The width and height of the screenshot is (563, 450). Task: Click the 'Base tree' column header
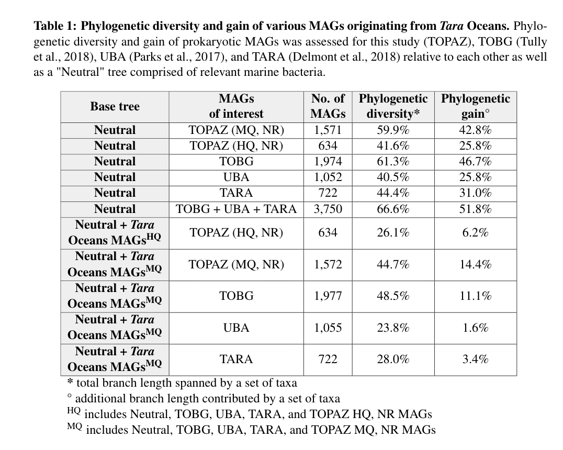coord(115,107)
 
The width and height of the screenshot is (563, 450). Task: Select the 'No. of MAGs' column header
coord(328,106)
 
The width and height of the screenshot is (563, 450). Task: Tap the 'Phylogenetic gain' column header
coord(475,106)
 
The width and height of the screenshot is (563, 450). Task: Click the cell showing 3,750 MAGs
coord(328,209)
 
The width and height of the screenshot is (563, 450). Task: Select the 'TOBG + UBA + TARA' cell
coord(236,209)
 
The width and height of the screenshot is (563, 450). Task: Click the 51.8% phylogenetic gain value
coord(475,209)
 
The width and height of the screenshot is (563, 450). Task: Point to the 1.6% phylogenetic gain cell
coord(475,328)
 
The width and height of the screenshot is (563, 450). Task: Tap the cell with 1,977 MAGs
coord(328,296)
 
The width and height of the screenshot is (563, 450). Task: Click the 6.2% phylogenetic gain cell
coord(475,233)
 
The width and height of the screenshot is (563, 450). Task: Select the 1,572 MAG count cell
coord(328,265)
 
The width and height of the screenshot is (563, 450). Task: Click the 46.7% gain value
coord(475,162)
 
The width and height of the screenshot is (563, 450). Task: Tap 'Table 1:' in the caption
coord(56,26)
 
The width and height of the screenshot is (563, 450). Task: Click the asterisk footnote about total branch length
coord(183,383)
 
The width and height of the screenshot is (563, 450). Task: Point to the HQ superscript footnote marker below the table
coord(74,411)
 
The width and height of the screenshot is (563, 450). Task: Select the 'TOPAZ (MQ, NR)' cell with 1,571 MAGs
coord(236,130)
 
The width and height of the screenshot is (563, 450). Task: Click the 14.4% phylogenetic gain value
coord(475,265)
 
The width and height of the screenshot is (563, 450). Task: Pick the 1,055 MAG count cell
coord(328,328)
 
